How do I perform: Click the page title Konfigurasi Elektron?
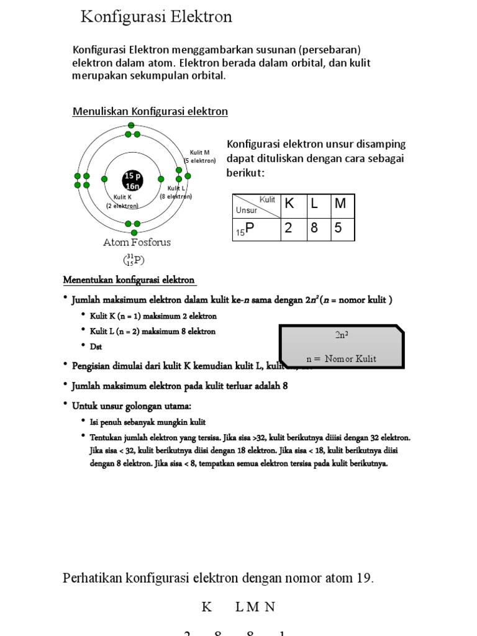157,17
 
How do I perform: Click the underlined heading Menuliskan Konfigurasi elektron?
150,111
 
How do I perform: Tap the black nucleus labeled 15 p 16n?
132,180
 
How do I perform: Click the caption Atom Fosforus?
137,242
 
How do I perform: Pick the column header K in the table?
289,204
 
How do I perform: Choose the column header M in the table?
340,204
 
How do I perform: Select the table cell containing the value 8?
314,228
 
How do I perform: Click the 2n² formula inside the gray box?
341,335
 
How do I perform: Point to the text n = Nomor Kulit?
341,359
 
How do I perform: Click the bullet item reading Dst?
96,346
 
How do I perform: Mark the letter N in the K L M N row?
270,607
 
